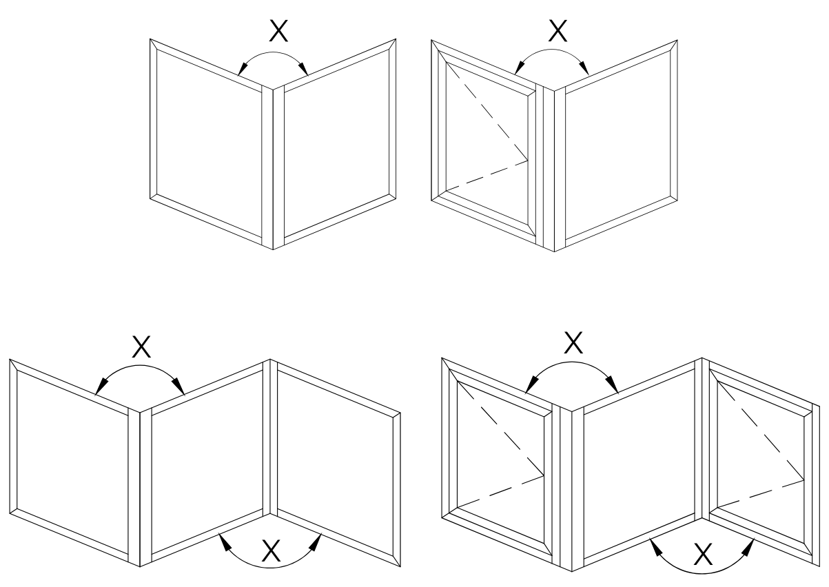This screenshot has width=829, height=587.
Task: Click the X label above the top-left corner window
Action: click(278, 32)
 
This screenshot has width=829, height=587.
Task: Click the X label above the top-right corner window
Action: click(557, 31)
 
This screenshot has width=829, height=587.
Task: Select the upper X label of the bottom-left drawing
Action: click(141, 347)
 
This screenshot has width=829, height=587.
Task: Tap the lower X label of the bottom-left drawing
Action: click(272, 550)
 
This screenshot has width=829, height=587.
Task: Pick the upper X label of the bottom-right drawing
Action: click(573, 342)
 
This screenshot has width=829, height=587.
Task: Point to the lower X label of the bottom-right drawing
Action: click(702, 555)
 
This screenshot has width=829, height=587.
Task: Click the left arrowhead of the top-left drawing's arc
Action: click(243, 69)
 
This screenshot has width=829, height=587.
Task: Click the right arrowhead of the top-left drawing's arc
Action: click(303, 69)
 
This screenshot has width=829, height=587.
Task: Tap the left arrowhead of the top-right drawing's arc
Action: click(520, 68)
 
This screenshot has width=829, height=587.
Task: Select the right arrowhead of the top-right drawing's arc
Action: click(584, 68)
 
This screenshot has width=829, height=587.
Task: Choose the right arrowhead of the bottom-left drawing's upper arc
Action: click(178, 387)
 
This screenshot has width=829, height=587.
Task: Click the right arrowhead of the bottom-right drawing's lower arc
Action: click(748, 546)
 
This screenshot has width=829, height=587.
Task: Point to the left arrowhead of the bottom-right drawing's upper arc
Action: click(532, 385)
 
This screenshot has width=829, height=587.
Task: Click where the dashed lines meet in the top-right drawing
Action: click(528, 161)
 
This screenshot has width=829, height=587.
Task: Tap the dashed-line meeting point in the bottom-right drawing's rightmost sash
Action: click(804, 480)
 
